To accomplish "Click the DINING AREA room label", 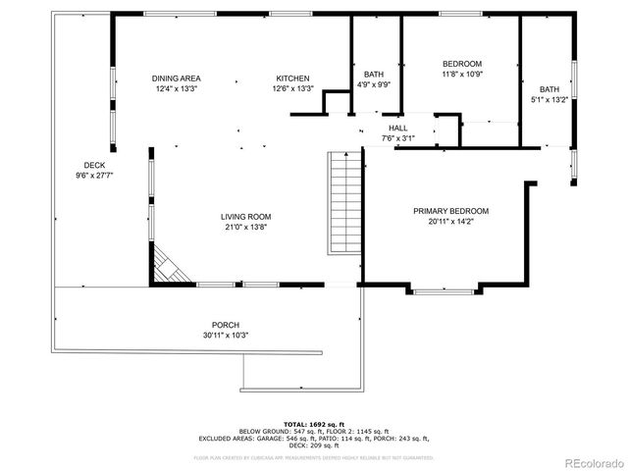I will (x=177, y=78).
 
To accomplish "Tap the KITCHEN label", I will (x=292, y=78).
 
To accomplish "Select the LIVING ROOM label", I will (x=245, y=217).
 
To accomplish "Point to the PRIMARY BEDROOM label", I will (x=450, y=211).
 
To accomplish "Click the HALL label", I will (x=397, y=128).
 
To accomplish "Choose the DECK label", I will (x=94, y=165).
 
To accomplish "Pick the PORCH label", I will (x=226, y=325).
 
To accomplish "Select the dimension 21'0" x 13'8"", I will (x=245, y=227).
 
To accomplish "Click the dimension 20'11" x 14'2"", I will (x=450, y=221).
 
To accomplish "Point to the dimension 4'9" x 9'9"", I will (x=374, y=84).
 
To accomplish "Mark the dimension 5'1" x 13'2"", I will (x=549, y=99).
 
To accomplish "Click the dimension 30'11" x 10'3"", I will (x=226, y=335).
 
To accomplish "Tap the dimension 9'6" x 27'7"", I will (x=94, y=175).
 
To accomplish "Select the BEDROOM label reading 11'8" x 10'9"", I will (x=462, y=64).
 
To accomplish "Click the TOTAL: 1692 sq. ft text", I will (x=314, y=423).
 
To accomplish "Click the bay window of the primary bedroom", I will (x=443, y=289).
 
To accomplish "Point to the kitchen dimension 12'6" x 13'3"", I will (x=292, y=88).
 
